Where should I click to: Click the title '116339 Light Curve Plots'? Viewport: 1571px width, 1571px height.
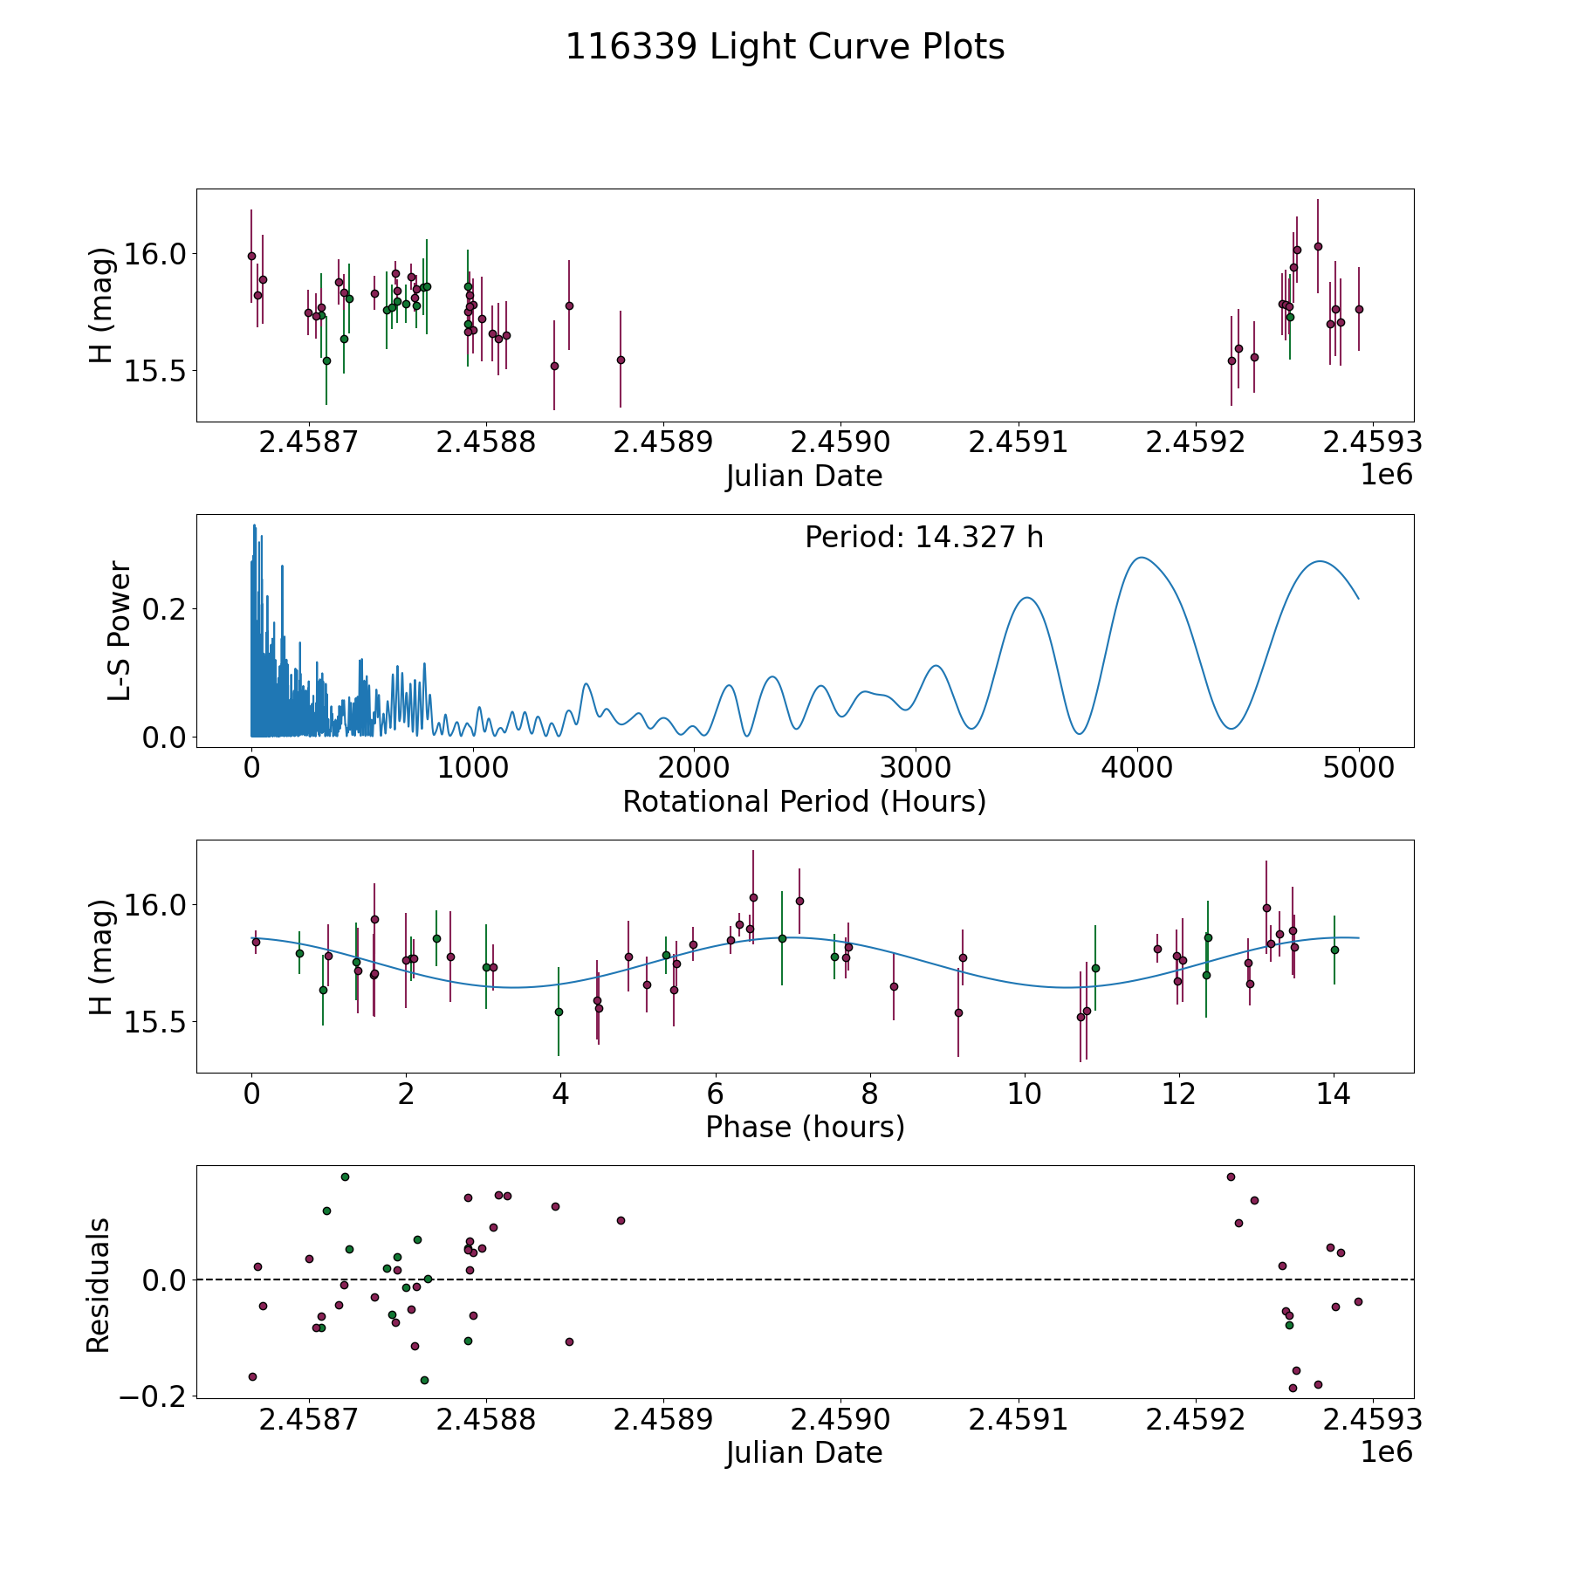(785, 47)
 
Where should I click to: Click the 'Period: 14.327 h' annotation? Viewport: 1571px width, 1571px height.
(923, 538)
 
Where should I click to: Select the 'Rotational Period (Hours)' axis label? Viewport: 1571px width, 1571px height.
(804, 801)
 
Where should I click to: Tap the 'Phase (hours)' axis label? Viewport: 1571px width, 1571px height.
(804, 1127)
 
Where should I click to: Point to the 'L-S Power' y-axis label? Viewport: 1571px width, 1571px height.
(120, 631)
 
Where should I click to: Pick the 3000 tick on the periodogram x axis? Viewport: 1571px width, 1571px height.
(916, 768)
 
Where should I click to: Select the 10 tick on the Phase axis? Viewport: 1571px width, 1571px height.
(1025, 1094)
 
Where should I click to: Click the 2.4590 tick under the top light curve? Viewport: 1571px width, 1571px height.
(840, 442)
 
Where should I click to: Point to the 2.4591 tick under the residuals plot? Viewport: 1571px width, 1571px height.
(1018, 1419)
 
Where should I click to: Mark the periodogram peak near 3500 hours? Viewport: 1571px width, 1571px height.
(1027, 598)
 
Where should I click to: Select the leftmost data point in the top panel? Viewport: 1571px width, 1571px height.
(251, 256)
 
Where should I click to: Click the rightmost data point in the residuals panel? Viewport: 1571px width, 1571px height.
(1358, 1301)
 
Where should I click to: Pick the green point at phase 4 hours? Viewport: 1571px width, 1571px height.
(559, 1012)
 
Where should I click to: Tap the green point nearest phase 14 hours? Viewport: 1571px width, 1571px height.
(1334, 950)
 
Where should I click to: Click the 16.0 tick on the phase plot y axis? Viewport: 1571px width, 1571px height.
(149, 905)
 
